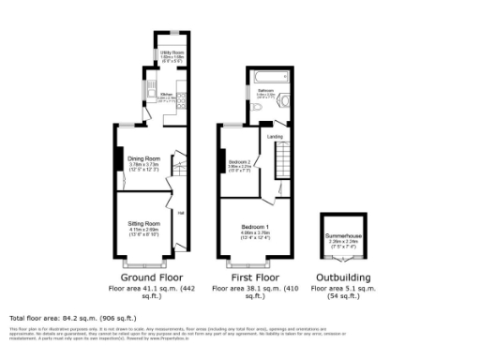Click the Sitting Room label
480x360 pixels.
tap(144, 224)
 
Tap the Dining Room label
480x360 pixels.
tap(144, 158)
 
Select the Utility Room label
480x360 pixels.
tap(170, 52)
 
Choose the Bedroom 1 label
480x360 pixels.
tap(255, 229)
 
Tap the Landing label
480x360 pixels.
tap(276, 137)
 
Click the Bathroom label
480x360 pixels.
tap(266, 91)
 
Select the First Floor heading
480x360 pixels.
tap(256, 278)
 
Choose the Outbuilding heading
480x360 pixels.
tap(343, 278)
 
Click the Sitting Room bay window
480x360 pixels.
tap(144, 256)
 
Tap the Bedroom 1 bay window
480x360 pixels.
tap(256, 256)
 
